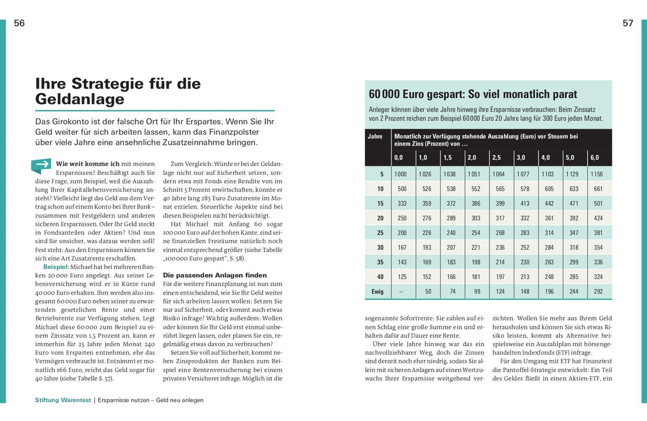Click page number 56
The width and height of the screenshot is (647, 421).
(19, 23)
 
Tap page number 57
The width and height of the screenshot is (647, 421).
(628, 23)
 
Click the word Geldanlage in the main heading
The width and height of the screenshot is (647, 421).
(80, 99)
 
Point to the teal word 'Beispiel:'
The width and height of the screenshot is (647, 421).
(56, 266)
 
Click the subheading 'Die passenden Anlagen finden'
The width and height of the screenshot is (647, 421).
(207, 275)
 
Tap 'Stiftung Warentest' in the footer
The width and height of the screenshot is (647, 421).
(63, 400)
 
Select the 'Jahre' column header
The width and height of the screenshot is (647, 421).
(375, 137)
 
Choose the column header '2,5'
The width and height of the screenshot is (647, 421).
(497, 158)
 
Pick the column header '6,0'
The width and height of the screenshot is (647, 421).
(594, 158)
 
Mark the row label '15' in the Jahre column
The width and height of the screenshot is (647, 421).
(380, 203)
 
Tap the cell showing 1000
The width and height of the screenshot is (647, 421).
(400, 174)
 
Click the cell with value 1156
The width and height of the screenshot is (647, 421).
(596, 174)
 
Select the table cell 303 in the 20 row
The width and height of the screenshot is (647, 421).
(476, 218)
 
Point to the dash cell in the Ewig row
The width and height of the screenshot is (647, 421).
(400, 291)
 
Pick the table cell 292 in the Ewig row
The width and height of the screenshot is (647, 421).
(598, 291)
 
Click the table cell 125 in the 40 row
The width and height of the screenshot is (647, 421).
(401, 277)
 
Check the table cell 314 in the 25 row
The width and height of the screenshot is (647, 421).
(548, 232)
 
